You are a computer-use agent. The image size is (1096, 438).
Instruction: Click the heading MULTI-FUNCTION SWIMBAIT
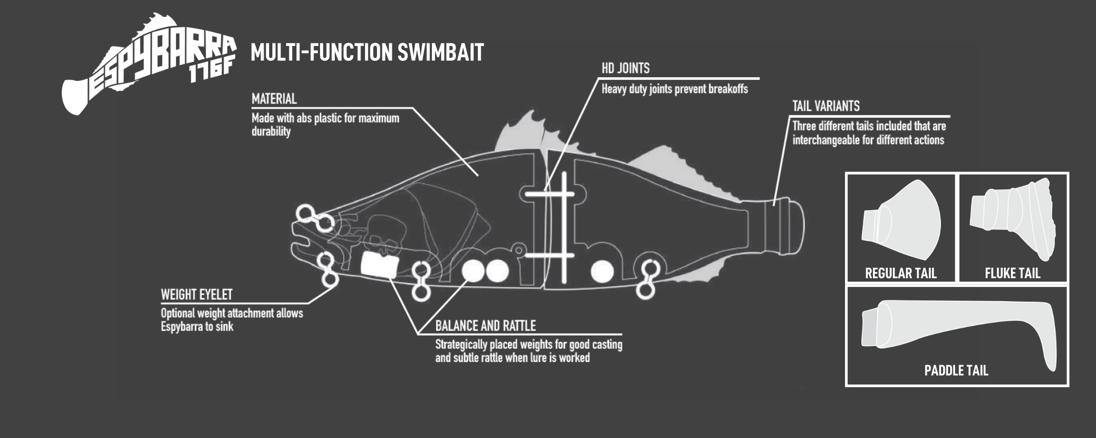point(367,53)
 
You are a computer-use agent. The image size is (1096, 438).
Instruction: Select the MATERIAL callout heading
point(274,99)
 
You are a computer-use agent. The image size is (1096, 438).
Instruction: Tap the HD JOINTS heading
point(626,68)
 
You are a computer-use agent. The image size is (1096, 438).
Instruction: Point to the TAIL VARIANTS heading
point(826,106)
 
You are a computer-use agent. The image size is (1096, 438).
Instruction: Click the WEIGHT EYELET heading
point(197,295)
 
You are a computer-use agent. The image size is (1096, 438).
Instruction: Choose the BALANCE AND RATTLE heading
point(486,326)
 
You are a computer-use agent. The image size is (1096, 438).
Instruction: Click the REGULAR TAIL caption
point(900,273)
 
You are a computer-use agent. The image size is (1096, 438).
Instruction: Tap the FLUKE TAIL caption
point(1012,273)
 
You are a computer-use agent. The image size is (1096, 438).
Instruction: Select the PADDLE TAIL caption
point(956,371)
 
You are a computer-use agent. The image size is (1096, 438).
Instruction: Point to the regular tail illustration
point(901,219)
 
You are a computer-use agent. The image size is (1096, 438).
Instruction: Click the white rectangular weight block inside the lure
point(379,266)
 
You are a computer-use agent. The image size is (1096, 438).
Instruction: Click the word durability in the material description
point(271,131)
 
